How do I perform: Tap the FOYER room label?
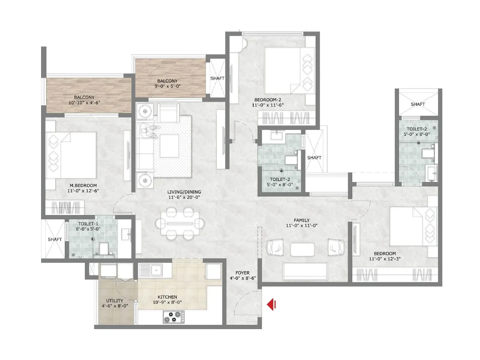click(x=242, y=273)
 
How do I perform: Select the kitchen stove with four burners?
click(x=174, y=317)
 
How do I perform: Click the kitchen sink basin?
click(x=156, y=270)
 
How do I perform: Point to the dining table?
click(x=180, y=223)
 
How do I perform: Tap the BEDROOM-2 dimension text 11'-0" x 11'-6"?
click(x=268, y=105)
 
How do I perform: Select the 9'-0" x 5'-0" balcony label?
click(x=167, y=86)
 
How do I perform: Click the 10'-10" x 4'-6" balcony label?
click(x=84, y=103)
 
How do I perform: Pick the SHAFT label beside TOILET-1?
click(x=55, y=239)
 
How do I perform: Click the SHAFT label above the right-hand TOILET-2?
click(x=418, y=104)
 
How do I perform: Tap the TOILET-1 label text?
click(x=88, y=224)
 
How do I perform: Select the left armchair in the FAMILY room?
click(x=275, y=247)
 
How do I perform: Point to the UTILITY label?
click(x=115, y=301)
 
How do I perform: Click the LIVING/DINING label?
click(x=184, y=192)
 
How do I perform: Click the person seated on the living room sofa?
click(x=149, y=131)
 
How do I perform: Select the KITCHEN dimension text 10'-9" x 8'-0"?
click(x=167, y=302)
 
